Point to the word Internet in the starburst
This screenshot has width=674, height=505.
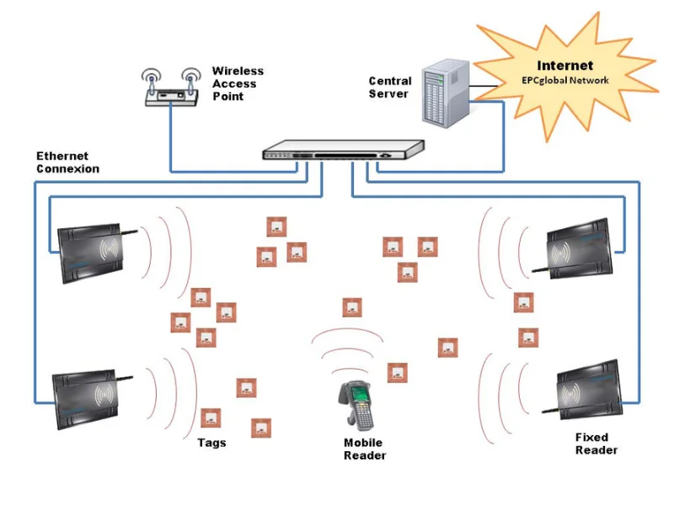[564, 66]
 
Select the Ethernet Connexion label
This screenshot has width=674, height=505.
[67, 162]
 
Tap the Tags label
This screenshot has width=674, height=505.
[211, 443]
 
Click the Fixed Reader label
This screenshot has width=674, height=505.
[596, 444]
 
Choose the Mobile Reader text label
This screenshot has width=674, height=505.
[364, 449]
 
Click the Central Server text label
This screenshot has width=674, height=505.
[390, 88]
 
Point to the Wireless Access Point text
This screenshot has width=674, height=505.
[238, 84]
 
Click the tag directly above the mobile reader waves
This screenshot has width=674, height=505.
[352, 308]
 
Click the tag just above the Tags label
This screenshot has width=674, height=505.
[211, 417]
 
